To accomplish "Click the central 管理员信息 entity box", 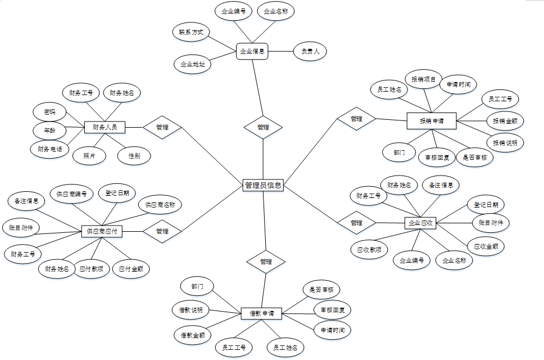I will coord(263,185).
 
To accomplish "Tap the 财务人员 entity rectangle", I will coord(105,127).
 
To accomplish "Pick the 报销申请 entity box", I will coord(431,120).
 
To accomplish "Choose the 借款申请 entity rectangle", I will coord(262,313).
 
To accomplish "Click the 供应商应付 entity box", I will coord(102,231).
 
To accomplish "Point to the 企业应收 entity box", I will coord(420,223).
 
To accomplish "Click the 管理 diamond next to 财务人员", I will coord(162,127).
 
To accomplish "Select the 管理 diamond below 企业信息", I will coord(263,127).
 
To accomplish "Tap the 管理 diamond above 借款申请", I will coord(266,262).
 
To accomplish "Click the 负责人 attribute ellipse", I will coord(310,51).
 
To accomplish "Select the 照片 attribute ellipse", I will coord(89,155).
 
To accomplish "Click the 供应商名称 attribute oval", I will coord(160,205).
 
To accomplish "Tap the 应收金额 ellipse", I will coord(486,246).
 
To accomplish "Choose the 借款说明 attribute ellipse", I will coord(191,309).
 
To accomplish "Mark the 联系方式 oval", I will coord(191,33).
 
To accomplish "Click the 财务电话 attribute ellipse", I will coord(49,149).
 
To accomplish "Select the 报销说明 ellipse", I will coord(505,142).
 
